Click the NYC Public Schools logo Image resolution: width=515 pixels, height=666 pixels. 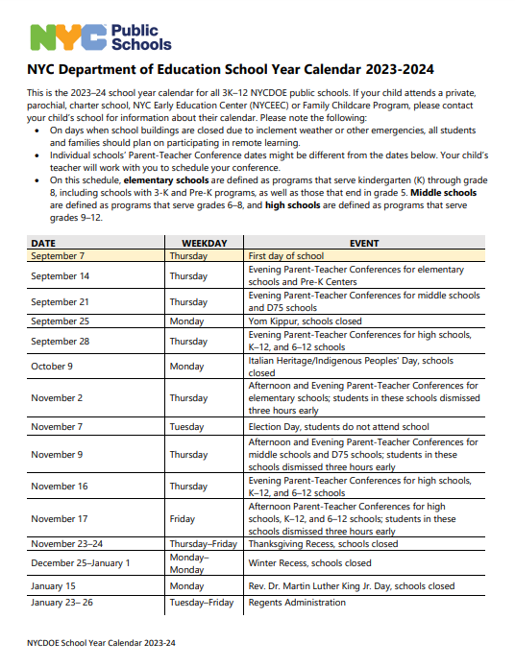[99, 36]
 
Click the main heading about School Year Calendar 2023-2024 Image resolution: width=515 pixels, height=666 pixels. [230, 70]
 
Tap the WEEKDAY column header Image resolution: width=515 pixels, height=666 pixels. [204, 244]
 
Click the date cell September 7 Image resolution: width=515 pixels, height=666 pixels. [58, 256]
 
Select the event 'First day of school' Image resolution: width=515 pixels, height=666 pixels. [286, 256]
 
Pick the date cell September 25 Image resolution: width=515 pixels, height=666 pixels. [60, 321]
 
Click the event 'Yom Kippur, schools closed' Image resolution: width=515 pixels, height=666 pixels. [305, 321]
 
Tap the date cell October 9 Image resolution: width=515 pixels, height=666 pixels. [52, 367]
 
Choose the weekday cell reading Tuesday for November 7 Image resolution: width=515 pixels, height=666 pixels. [186, 426]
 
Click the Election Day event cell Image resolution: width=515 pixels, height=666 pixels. [339, 426]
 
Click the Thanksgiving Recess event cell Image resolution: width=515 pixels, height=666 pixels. [323, 543]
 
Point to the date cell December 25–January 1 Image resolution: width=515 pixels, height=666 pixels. [80, 562]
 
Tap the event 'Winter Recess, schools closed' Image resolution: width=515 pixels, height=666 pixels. [309, 562]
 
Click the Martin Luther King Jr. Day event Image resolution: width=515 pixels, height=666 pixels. [352, 585]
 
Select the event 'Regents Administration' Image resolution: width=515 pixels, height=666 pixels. [297, 603]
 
